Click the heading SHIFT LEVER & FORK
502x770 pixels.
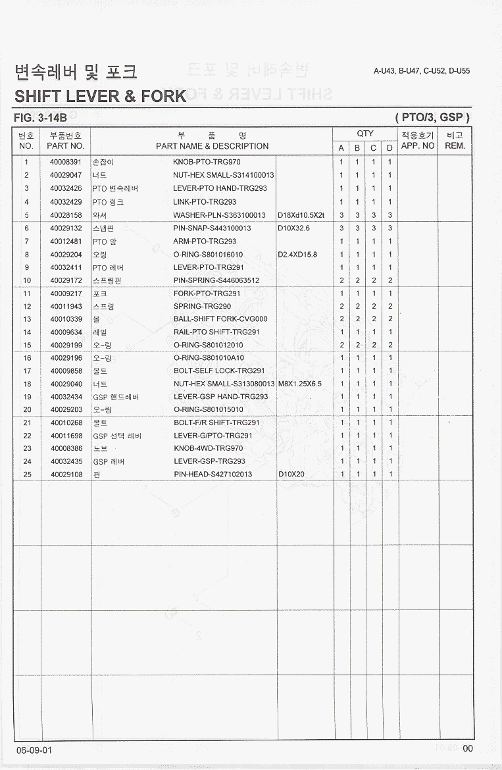click(101, 97)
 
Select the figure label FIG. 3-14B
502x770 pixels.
click(41, 118)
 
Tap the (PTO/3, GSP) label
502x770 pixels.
click(432, 118)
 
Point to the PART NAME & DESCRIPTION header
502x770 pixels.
click(212, 146)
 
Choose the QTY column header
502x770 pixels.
click(365, 134)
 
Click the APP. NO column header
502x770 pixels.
click(418, 145)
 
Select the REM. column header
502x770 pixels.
click(455, 145)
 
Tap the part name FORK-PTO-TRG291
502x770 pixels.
click(207, 294)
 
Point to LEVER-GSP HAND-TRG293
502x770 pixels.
click(220, 397)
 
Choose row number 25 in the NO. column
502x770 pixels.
click(27, 475)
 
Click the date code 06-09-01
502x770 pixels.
click(34, 750)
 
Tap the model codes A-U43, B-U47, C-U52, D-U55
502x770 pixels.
click(421, 72)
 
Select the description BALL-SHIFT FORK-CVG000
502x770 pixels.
click(220, 319)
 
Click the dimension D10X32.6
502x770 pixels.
click(293, 228)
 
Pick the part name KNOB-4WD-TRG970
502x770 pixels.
click(207, 448)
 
